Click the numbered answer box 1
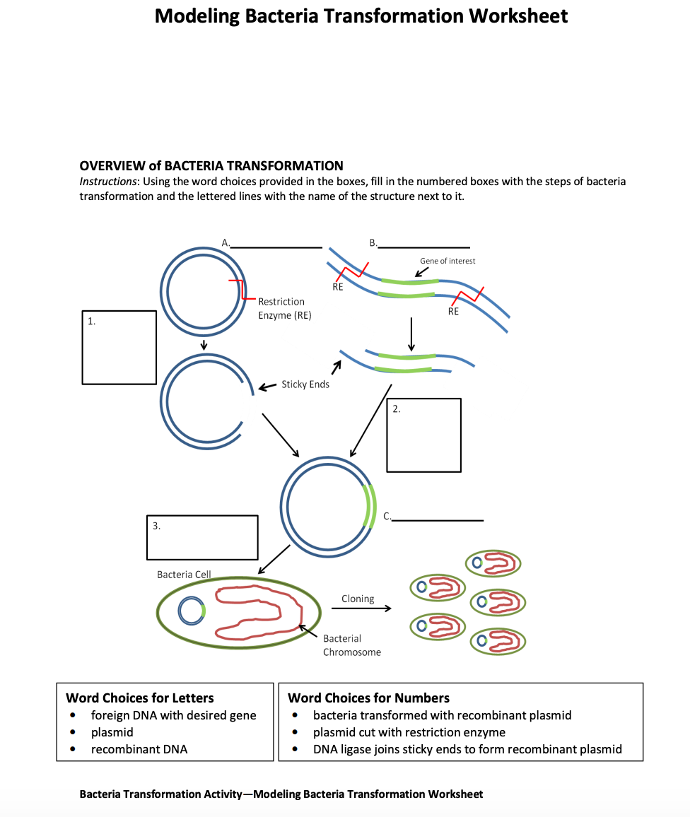pos(119,348)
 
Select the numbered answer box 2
pos(423,435)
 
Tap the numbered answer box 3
pos(202,537)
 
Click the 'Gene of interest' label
pos(448,261)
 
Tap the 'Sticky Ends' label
pos(305,384)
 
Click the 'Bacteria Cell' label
pos(184,575)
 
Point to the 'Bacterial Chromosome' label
pos(351,645)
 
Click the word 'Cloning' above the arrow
pos(358,599)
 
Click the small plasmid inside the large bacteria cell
pos(191,611)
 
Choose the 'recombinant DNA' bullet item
pos(139,749)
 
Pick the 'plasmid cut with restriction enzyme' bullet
pos(409,732)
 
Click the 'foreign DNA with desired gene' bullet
pos(173,715)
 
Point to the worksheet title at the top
pos(361,16)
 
